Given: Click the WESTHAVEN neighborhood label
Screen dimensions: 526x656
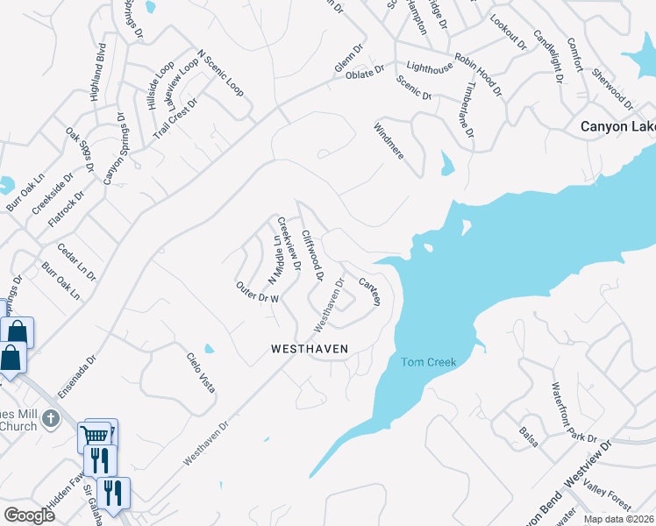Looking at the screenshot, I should [310, 349].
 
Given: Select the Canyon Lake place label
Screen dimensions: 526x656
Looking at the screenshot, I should [617, 126].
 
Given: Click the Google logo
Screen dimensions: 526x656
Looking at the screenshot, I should [29, 515].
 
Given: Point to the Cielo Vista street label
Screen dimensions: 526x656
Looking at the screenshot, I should [200, 372].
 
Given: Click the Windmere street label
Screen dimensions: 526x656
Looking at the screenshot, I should [389, 140].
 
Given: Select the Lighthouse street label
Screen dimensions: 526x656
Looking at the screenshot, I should [429, 67].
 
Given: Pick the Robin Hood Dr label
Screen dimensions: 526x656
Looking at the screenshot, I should [478, 68].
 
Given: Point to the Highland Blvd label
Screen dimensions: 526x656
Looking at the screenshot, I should [98, 73].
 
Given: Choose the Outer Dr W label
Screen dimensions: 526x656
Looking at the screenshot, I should [257, 292].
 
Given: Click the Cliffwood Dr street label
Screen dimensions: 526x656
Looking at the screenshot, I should [312, 255].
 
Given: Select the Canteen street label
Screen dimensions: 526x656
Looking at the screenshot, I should [370, 291].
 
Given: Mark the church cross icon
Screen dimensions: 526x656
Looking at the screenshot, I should [50, 417].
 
